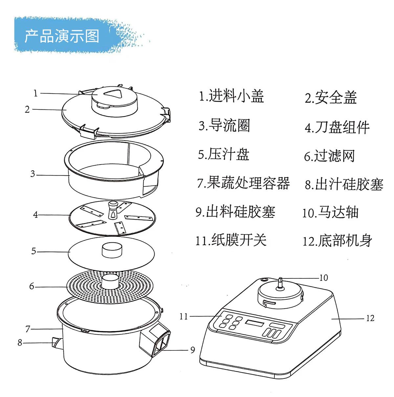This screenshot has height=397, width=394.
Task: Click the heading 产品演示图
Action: (62, 36)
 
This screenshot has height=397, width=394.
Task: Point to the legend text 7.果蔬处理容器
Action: (243, 183)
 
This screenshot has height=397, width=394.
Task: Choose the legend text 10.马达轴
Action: (330, 212)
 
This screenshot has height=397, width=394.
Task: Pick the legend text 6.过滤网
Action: (329, 156)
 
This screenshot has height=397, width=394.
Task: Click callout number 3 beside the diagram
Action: (33, 174)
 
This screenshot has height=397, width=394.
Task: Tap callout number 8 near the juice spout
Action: (20, 342)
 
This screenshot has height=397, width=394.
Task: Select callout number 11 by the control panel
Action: (184, 316)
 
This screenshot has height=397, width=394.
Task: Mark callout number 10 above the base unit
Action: (323, 278)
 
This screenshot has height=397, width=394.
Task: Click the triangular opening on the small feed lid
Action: (113, 94)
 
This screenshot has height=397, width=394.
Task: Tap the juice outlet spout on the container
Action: (56, 343)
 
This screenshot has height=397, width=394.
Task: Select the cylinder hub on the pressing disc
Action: (112, 250)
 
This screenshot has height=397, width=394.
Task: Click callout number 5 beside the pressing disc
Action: (33, 251)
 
